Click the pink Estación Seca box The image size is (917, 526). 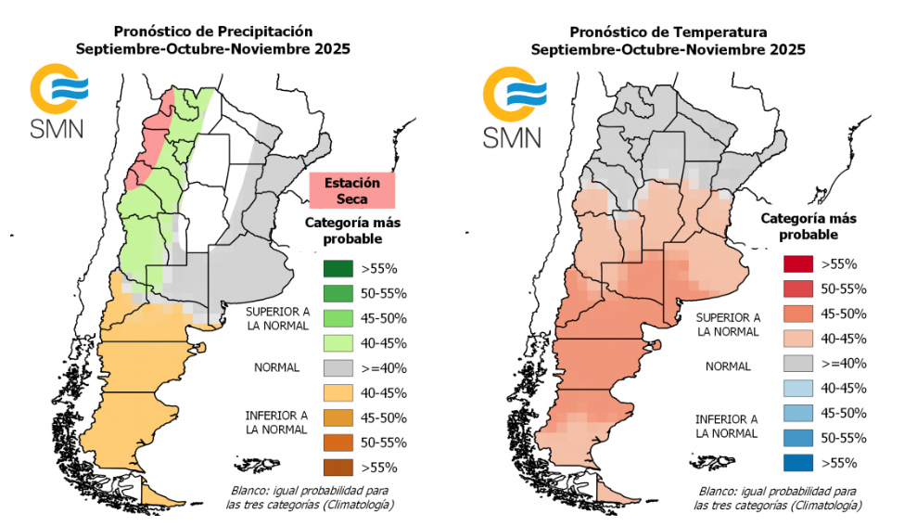(351, 191)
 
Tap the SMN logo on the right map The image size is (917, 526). (513, 107)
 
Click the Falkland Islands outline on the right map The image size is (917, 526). (709, 461)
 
